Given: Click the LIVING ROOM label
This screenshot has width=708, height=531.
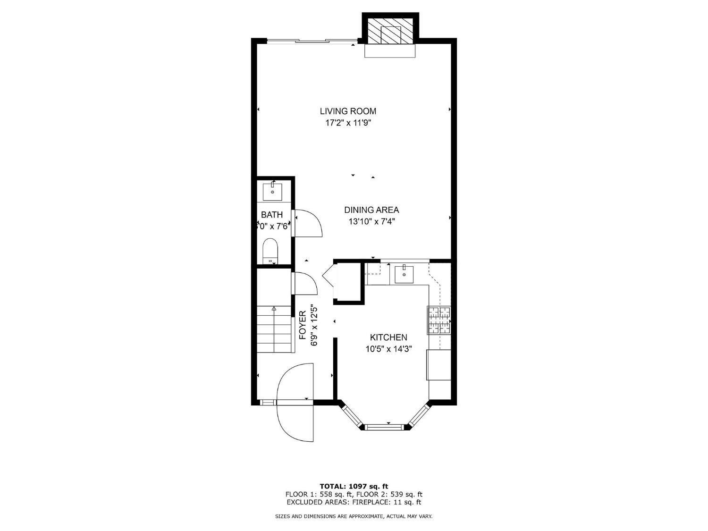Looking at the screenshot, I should [x=348, y=111].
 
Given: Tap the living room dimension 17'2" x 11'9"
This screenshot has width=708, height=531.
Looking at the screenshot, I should [x=348, y=123].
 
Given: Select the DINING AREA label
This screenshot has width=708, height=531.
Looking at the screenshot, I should [x=371, y=210].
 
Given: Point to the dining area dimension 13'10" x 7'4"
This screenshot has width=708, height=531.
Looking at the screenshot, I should [x=371, y=221].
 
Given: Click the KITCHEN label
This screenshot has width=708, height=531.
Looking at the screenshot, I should [x=388, y=337].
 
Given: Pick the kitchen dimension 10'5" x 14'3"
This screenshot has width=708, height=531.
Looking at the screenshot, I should [x=388, y=349].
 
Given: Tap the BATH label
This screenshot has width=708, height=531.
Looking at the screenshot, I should [x=272, y=215].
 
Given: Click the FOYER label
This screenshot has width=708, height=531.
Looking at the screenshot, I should [x=303, y=325].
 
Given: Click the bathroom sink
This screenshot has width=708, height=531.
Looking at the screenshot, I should [x=272, y=192].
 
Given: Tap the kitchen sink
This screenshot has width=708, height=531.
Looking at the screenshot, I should [x=404, y=274].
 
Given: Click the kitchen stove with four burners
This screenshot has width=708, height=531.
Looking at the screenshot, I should [x=439, y=320].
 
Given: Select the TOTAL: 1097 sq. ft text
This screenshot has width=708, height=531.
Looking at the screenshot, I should [x=354, y=486].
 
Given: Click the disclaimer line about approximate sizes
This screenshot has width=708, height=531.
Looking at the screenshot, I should [x=354, y=516].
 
